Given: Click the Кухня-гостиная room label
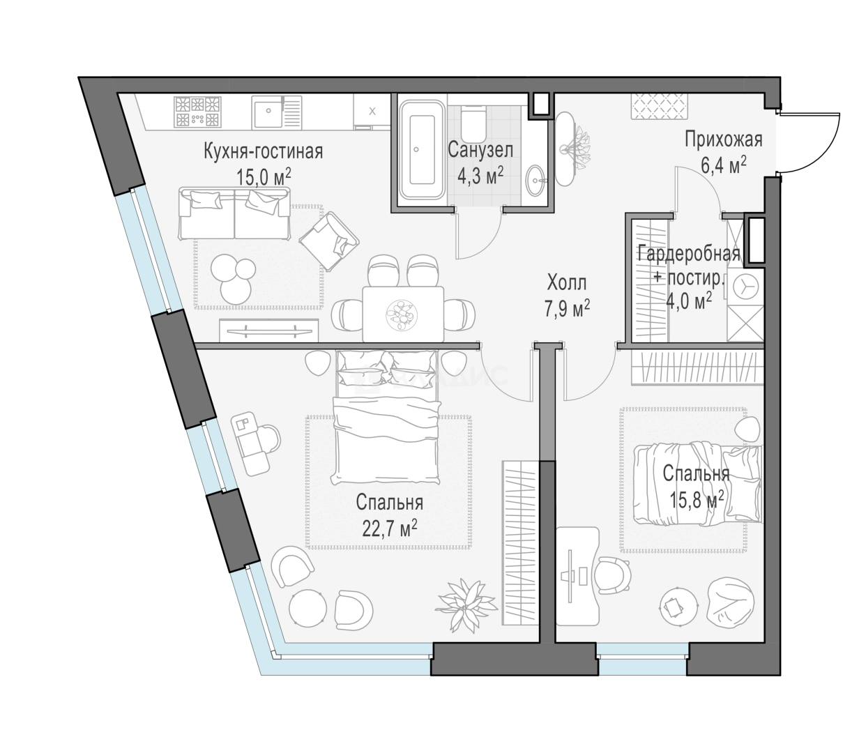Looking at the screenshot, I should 263,151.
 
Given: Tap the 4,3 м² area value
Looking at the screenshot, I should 480,174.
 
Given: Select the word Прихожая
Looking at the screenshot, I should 723,139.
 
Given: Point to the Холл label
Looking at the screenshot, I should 567,283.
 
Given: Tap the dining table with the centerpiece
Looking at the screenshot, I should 403,314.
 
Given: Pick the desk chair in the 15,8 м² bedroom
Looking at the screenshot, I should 614,575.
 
